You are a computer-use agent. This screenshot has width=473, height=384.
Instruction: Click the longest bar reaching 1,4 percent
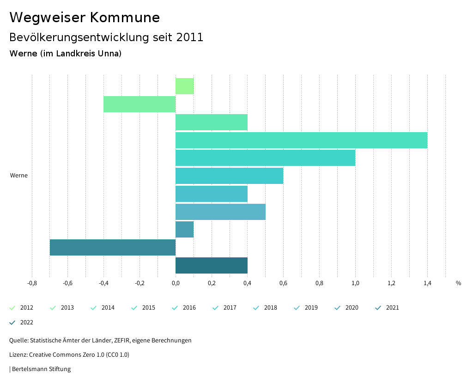pyautogui.click(x=301, y=140)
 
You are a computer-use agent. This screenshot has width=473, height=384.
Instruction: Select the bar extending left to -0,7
pyautogui.click(x=113, y=247)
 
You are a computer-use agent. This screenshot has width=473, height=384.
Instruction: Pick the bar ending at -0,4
pyautogui.click(x=139, y=104)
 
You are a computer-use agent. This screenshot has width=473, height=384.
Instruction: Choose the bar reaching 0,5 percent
pyautogui.click(x=220, y=212)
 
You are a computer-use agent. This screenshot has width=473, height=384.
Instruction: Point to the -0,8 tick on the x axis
pyautogui.click(x=32, y=283)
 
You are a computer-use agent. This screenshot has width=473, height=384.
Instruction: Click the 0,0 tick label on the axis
pyautogui.click(x=176, y=283)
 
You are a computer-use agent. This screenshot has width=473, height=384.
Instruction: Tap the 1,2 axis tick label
pyautogui.click(x=391, y=283)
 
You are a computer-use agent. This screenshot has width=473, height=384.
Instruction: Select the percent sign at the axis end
pyautogui.click(x=458, y=283)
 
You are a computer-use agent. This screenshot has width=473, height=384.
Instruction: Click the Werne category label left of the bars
pyautogui.click(x=19, y=176)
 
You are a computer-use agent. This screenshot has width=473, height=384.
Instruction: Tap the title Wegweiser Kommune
pyautogui.click(x=85, y=18)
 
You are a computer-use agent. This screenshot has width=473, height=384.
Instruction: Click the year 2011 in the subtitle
pyautogui.click(x=190, y=37)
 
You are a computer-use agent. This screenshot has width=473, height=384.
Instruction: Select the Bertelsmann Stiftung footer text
pyautogui.click(x=41, y=369)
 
